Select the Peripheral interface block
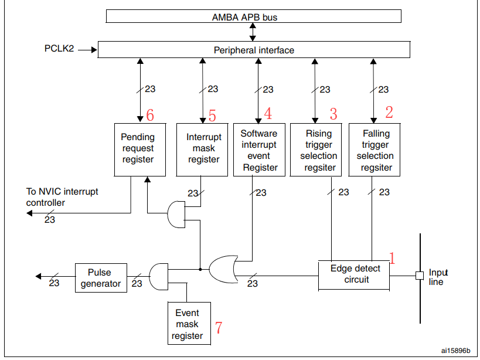click(x=254, y=50)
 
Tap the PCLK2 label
click(x=59, y=49)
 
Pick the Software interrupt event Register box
click(x=259, y=150)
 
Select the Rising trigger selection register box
click(x=319, y=150)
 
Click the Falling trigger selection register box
click(x=376, y=150)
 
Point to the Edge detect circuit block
click(x=355, y=274)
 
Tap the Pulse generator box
click(x=100, y=278)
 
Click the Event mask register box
click(x=186, y=324)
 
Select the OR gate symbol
click(x=223, y=269)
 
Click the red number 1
click(x=393, y=257)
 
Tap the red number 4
click(x=268, y=114)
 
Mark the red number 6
click(x=150, y=116)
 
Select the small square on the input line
click(x=419, y=275)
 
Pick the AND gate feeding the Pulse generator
click(x=159, y=276)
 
